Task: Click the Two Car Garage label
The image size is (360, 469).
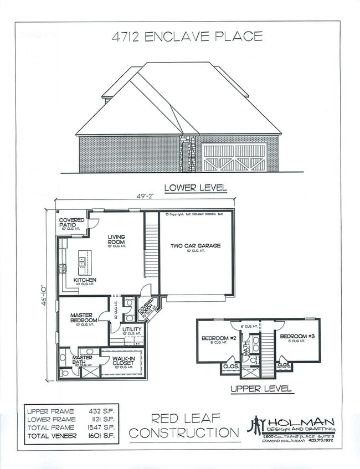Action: [x=196, y=245]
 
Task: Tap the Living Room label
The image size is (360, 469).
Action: [x=116, y=240]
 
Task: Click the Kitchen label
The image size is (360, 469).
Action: [x=85, y=280]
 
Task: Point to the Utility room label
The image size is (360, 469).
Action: [x=132, y=329]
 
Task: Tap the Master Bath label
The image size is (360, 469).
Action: [x=83, y=360]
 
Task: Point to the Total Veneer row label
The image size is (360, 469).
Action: [x=53, y=436]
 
